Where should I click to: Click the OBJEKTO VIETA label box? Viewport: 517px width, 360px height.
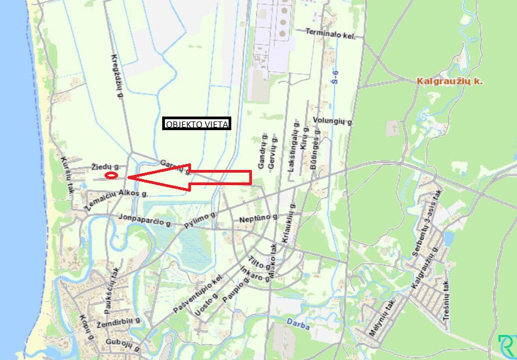tap(197, 124)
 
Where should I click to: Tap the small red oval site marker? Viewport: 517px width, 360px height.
tap(111, 175)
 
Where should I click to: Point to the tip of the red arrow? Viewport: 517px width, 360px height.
tap(128, 177)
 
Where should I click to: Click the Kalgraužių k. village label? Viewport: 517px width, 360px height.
tap(450, 81)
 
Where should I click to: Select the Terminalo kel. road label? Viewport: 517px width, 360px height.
tap(330, 34)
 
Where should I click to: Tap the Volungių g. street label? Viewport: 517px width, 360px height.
tap(334, 121)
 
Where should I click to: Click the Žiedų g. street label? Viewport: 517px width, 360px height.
tap(106, 166)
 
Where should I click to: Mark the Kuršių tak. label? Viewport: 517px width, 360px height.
tap(67, 170)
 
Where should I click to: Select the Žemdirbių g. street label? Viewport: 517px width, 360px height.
tap(119, 322)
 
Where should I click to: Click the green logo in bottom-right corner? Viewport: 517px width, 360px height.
tap(507, 347)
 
